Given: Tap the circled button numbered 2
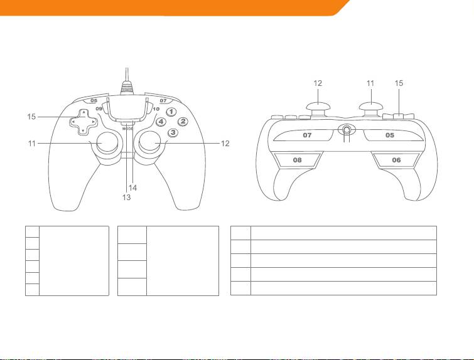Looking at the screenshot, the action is pyautogui.click(x=183, y=122).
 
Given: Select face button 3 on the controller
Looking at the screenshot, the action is pyautogui.click(x=173, y=132).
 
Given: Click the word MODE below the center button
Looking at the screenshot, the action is pyautogui.click(x=128, y=129).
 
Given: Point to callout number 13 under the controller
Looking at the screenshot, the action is pyautogui.click(x=126, y=195).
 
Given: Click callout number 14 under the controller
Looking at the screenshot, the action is pyautogui.click(x=133, y=187).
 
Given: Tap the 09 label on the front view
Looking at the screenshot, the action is pyautogui.click(x=99, y=109).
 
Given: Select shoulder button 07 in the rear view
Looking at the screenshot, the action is pyautogui.click(x=308, y=134).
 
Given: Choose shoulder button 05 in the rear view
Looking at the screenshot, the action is pyautogui.click(x=389, y=134).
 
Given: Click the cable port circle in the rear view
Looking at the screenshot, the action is pyautogui.click(x=345, y=130).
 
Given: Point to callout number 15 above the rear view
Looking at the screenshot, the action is pyautogui.click(x=399, y=83).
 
